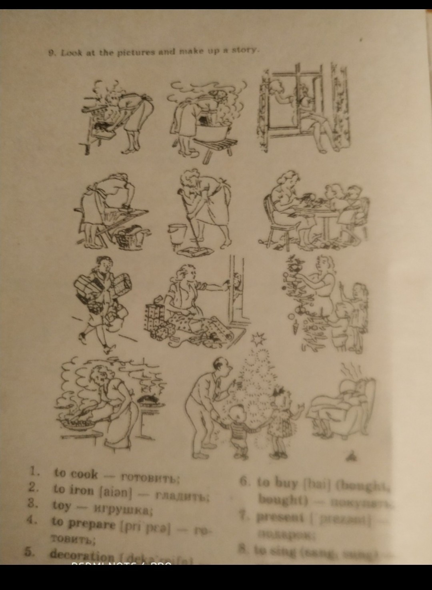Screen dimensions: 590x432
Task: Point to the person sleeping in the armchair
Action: coord(344,404)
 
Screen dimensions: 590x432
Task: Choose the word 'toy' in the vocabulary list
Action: coord(61,506)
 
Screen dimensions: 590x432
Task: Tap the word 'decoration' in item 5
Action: coord(82,555)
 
